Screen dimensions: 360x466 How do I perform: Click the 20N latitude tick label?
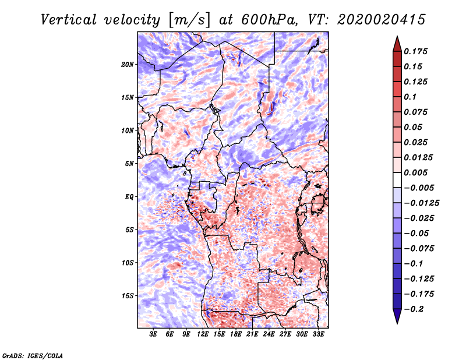[x=128, y=64]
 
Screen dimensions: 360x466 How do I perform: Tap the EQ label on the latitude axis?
[x=129, y=196]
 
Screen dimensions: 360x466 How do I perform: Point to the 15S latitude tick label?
[x=128, y=295]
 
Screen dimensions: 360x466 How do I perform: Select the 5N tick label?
[x=129, y=164]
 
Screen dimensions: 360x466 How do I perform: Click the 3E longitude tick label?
[x=153, y=335]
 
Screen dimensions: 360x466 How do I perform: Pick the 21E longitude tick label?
[x=253, y=335]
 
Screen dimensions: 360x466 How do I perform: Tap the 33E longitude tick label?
[x=319, y=335]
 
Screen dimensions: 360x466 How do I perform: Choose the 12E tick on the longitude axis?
[x=203, y=335]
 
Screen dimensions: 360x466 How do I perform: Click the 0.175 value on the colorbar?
[x=416, y=51]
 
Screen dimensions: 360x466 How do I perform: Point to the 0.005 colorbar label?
[x=416, y=172]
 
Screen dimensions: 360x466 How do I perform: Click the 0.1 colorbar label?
[x=411, y=97]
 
